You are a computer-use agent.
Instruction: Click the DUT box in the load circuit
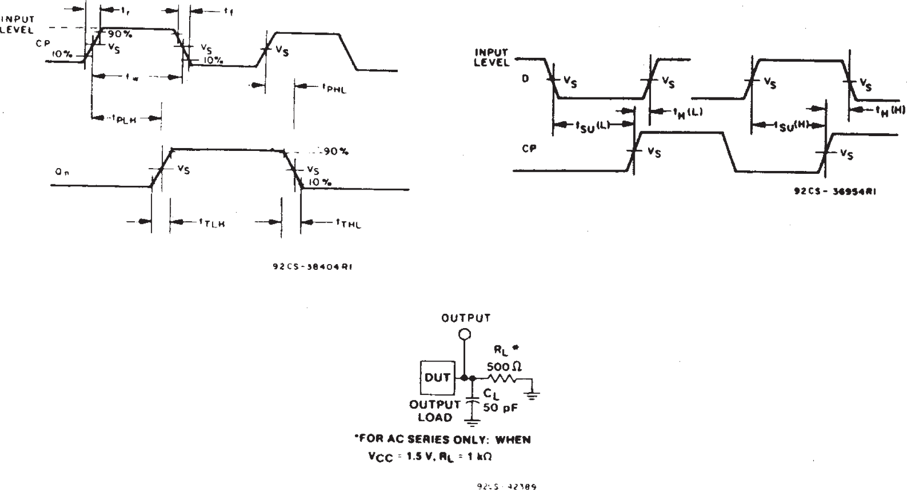[437, 377]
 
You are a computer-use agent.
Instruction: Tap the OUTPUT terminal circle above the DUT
[464, 334]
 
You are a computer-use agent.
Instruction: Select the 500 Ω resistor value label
[504, 367]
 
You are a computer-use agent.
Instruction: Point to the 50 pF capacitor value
[501, 408]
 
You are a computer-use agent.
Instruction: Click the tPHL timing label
[334, 88]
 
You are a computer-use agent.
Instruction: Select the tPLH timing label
[124, 119]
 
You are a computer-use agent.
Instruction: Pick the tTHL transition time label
[349, 223]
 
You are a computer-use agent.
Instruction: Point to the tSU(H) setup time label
[793, 127]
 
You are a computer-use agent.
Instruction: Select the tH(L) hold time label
[688, 113]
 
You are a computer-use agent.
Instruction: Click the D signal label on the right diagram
[525, 79]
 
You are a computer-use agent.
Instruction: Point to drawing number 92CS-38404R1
[312, 267]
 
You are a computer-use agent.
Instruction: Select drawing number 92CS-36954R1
[835, 192]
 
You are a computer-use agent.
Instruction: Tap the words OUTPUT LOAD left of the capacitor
[435, 411]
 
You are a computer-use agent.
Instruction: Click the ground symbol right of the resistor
[533, 394]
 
